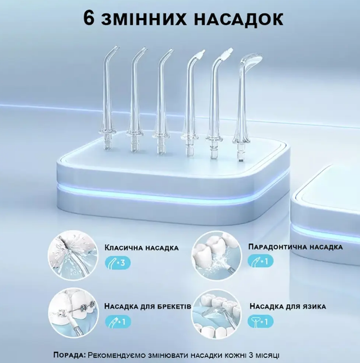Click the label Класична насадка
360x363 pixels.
tap(141, 247)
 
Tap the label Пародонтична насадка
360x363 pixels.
tap(295, 247)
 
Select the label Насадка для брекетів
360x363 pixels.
tap(148, 307)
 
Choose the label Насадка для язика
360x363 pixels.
tap(287, 307)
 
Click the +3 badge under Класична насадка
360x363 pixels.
tap(118, 262)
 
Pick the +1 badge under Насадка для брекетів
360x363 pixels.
tap(118, 323)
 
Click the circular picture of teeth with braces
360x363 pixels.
tap(73, 313)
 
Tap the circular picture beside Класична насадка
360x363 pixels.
tap(73, 254)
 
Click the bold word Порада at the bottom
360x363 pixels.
tap(70, 355)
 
